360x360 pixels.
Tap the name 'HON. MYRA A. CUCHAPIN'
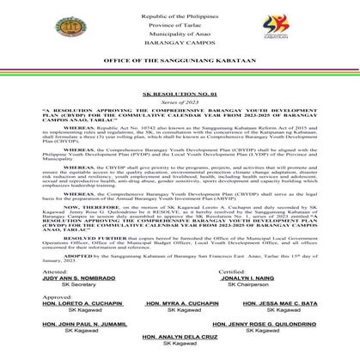pyautogui.click(x=179, y=302)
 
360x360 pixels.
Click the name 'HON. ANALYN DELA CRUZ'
pyautogui.click(x=180, y=346)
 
